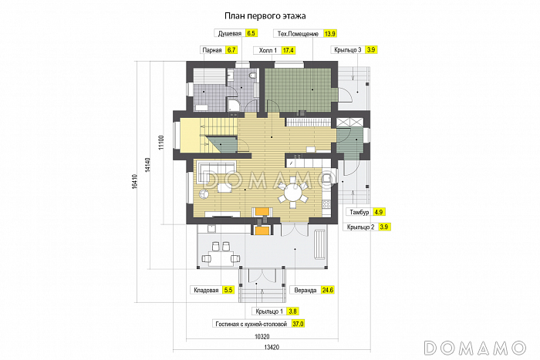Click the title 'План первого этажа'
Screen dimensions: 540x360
point(265,16)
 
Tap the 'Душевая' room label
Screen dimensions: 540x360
point(230,33)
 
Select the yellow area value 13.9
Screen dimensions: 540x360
point(330,33)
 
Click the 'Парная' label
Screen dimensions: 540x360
point(212,50)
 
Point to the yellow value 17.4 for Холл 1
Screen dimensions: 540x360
point(289,50)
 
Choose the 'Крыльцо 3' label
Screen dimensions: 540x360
point(348,50)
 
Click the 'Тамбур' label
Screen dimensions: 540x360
point(359,212)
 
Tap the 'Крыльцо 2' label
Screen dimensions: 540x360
point(360,227)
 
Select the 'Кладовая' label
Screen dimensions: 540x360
point(206,290)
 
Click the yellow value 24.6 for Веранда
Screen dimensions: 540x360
point(328,290)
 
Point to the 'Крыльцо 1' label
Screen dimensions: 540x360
point(269,311)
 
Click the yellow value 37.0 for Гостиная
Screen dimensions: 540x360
point(298,324)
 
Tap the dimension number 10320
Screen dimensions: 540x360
point(262,337)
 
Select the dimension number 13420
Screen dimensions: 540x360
point(272,347)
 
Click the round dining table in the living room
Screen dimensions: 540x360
point(292,192)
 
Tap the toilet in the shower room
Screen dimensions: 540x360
point(253,75)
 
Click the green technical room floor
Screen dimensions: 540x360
point(299,89)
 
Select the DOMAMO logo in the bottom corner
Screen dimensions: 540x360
point(475,348)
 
